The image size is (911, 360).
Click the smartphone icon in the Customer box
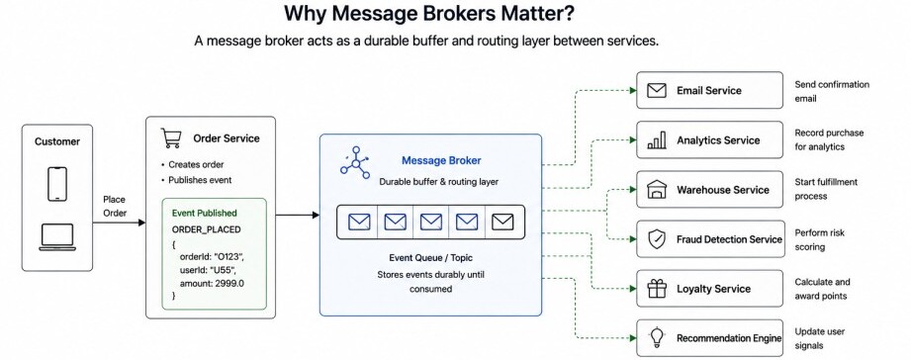click(57, 184)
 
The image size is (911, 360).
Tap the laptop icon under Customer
click(57, 237)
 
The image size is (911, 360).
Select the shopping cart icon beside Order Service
click(171, 138)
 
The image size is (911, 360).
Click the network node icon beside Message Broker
click(355, 162)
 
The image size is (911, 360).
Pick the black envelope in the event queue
click(502, 222)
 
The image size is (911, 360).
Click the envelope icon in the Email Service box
click(657, 91)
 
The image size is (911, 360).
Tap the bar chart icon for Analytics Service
click(657, 139)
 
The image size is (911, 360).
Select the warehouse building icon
click(657, 189)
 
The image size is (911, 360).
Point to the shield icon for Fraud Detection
click(657, 239)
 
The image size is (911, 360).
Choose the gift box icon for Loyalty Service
click(657, 289)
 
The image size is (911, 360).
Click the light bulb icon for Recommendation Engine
click(657, 337)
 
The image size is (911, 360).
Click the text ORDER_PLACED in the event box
click(207, 229)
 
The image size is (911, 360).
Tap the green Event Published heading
click(205, 213)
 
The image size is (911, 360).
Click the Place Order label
click(115, 206)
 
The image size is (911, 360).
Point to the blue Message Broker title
click(441, 160)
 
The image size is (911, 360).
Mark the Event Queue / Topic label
click(430, 257)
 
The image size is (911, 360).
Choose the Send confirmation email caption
click(832, 91)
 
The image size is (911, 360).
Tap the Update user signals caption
click(820, 338)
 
